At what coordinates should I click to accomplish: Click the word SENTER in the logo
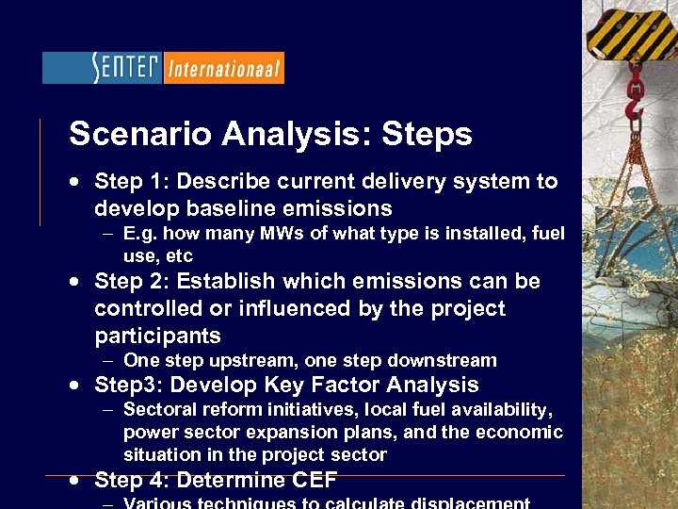(x=126, y=68)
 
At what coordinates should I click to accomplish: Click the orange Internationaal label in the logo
(x=224, y=69)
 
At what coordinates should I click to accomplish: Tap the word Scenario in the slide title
(x=142, y=135)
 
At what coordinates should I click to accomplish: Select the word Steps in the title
(x=427, y=135)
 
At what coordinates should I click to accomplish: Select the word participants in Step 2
(x=157, y=336)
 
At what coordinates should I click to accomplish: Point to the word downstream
(x=445, y=360)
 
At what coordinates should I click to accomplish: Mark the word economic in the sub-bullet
(x=521, y=432)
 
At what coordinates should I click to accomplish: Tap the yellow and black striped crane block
(x=631, y=28)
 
